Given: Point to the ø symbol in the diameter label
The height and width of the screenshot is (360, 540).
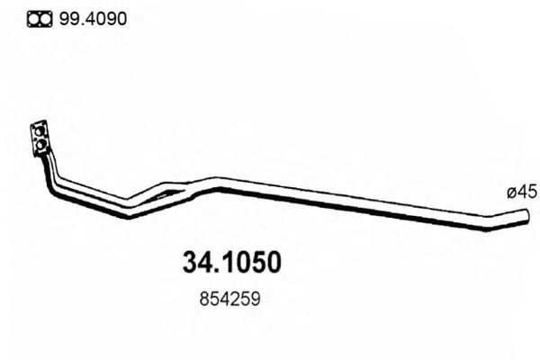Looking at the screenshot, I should pyautogui.click(x=510, y=193).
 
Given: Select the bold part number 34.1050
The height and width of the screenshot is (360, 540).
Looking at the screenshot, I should pyautogui.click(x=232, y=262).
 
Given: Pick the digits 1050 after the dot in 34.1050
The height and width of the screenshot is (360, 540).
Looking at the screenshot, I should pyautogui.click(x=251, y=262).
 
